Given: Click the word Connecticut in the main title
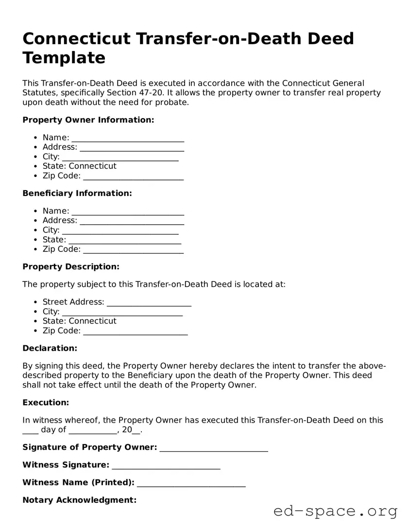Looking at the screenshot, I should pos(76,38).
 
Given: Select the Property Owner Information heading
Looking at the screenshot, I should pos(88,120).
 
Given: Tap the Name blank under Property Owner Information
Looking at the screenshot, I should pos(128,138).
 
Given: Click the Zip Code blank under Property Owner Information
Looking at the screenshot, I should pos(133,177).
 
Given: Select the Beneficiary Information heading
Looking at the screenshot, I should pos(77,193).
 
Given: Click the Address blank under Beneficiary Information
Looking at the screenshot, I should pos(132,221).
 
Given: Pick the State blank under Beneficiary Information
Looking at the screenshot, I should pos(125,240).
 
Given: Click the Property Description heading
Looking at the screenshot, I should pos(70,266).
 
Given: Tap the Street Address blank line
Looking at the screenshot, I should pos(149,302).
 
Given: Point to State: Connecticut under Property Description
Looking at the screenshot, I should pos(79,321).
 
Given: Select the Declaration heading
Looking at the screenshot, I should pos(50,348).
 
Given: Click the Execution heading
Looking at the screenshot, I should pos(46,403).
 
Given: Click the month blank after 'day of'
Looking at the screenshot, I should pos(93,431).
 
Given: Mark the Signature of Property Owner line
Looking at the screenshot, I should pos(214,448).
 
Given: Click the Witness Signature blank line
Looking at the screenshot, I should pos(166,465).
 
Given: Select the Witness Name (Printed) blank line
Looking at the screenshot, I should pos(191,483).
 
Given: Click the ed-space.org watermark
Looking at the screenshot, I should pos(335,512).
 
